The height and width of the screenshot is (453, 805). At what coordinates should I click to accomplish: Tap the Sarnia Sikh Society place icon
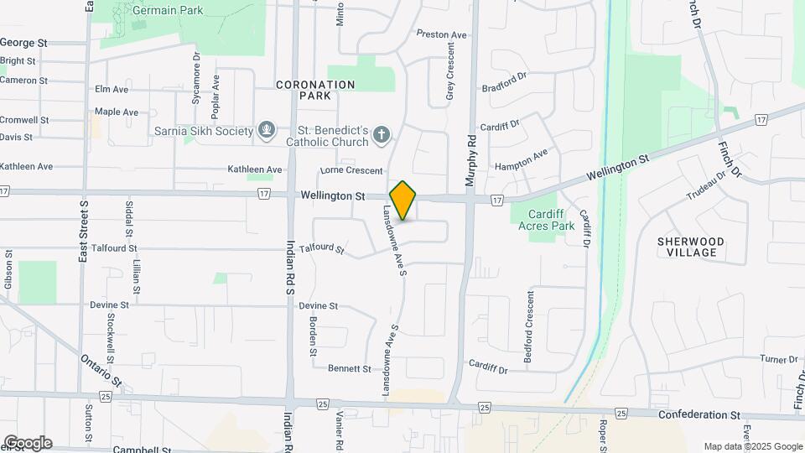(x=267, y=131)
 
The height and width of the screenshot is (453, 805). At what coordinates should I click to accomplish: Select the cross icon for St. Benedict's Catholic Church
(x=381, y=134)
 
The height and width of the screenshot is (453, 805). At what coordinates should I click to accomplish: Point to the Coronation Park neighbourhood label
(x=315, y=90)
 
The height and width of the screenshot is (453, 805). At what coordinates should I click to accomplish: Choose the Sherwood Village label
(x=691, y=247)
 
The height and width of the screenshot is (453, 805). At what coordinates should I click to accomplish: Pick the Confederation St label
(x=699, y=414)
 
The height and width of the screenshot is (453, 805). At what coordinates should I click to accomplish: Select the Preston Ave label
(x=441, y=34)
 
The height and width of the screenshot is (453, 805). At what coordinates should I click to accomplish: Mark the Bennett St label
(x=349, y=368)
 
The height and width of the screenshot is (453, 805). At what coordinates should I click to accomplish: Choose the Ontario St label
(x=101, y=371)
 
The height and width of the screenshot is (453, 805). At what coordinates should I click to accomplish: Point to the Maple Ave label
(x=117, y=112)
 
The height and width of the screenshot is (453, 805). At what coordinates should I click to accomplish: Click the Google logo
(x=28, y=443)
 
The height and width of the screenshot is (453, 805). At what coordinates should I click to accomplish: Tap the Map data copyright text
(x=753, y=446)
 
